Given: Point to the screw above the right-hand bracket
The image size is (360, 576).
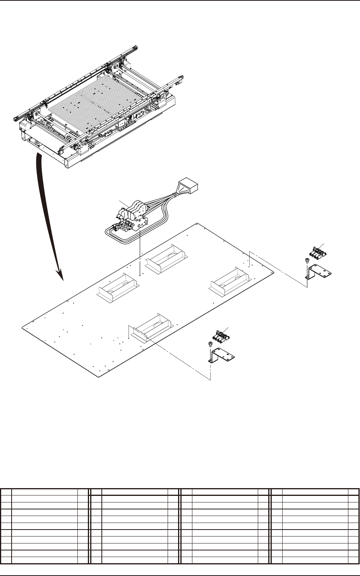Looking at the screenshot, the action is pyautogui.click(x=306, y=260).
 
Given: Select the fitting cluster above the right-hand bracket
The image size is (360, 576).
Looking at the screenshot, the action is pyautogui.click(x=317, y=252).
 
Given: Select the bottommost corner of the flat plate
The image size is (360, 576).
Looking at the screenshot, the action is pyautogui.click(x=97, y=375).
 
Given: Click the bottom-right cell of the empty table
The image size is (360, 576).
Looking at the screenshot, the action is pyautogui.click(x=353, y=560).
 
